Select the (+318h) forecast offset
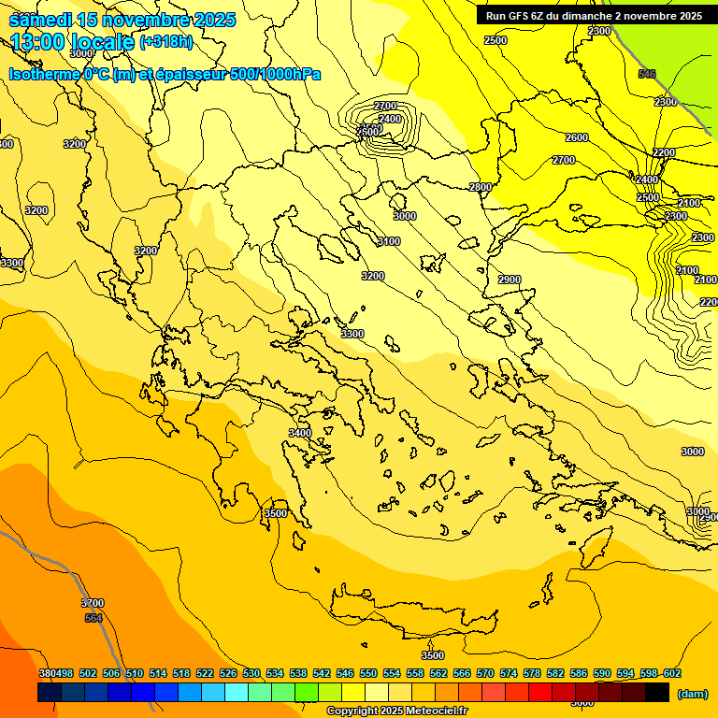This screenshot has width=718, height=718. (x=168, y=42)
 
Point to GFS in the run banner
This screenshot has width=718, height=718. (x=517, y=16)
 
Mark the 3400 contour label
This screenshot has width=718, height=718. (x=299, y=433)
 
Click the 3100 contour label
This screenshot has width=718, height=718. (x=388, y=241)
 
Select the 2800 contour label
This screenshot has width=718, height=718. (x=480, y=187)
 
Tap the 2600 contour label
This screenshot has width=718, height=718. (x=577, y=137)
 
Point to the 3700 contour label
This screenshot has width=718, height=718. (x=93, y=603)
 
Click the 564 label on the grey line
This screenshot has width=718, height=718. (x=93, y=618)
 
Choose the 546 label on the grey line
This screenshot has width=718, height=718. (x=646, y=74)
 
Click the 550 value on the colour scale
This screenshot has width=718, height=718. (x=368, y=673)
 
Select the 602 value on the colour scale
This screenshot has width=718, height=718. (x=672, y=673)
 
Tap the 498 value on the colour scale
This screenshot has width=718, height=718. (x=65, y=673)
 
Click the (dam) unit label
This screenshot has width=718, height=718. (x=692, y=694)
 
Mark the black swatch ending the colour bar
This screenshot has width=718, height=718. (x=657, y=693)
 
